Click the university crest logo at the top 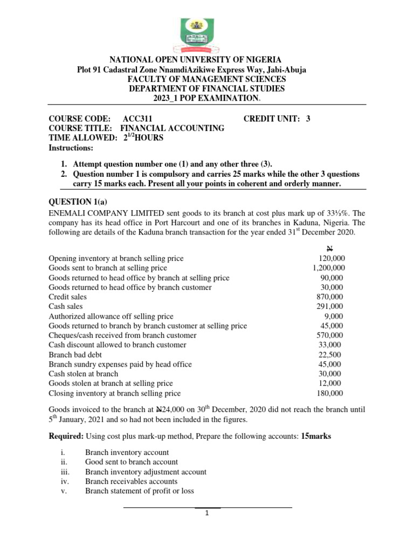coord(207,33)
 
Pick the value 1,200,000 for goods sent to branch coord(329,268)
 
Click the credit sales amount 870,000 coord(330,297)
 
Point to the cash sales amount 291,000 coord(330,306)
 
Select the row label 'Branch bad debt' coord(75,355)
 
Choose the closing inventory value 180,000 coord(330,393)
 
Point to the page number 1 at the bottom coord(207,513)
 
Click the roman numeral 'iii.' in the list coord(65,472)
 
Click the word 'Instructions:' coord(71,148)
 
